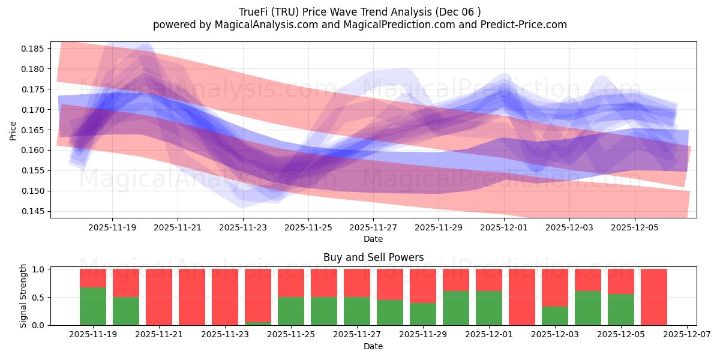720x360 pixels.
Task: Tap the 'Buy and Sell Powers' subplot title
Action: click(373, 257)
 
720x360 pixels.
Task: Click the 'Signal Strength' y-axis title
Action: click(23, 296)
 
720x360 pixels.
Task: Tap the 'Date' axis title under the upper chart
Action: click(373, 239)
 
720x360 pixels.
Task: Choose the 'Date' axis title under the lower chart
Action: click(373, 346)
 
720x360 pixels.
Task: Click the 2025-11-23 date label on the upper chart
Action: click(243, 227)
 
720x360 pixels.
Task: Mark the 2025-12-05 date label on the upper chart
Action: click(635, 227)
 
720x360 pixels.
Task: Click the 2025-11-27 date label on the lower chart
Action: click(356, 335)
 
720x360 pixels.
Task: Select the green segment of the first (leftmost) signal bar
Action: click(93, 307)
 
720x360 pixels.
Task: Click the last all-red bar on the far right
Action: click(653, 297)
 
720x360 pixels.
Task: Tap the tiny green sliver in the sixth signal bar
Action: click(258, 323)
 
